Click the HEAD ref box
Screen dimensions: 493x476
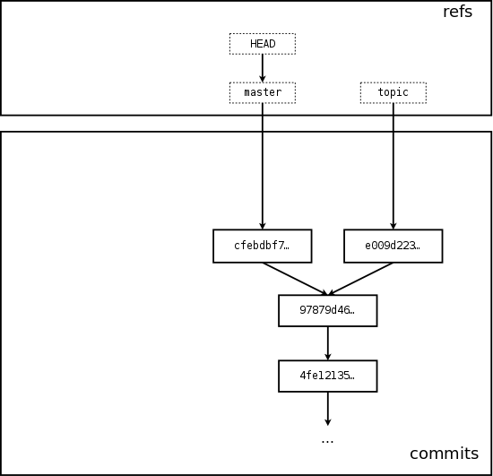(x=263, y=44)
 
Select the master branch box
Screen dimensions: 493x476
(x=263, y=92)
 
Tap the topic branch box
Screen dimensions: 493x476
(x=394, y=92)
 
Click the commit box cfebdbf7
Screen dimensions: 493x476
(x=263, y=246)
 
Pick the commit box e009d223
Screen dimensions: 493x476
(x=394, y=246)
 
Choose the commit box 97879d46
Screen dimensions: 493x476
(x=328, y=311)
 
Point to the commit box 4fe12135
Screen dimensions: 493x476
(x=328, y=376)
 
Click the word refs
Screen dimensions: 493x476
(x=457, y=12)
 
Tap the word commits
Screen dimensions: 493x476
(x=445, y=454)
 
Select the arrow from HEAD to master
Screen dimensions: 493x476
(x=263, y=68)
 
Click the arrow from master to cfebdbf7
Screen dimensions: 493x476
(x=263, y=166)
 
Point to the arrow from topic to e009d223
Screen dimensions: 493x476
(x=394, y=166)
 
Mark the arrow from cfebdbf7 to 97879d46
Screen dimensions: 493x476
(x=295, y=279)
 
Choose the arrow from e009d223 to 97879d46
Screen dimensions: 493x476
(x=360, y=279)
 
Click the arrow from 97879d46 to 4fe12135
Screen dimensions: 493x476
(x=328, y=343)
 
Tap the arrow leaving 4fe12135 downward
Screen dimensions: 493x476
(x=328, y=409)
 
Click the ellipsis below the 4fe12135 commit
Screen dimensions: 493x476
(x=327, y=442)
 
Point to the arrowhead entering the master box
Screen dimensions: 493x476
(x=263, y=79)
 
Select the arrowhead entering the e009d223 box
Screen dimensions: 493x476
(x=394, y=226)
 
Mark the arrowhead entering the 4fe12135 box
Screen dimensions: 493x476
(x=328, y=357)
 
